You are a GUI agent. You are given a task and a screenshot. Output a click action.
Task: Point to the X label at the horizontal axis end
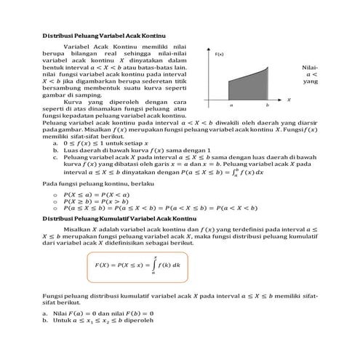click(289, 99)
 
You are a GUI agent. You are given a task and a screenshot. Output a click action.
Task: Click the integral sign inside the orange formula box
click(154, 265)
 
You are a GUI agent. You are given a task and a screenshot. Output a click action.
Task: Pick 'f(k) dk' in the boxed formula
click(172, 265)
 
